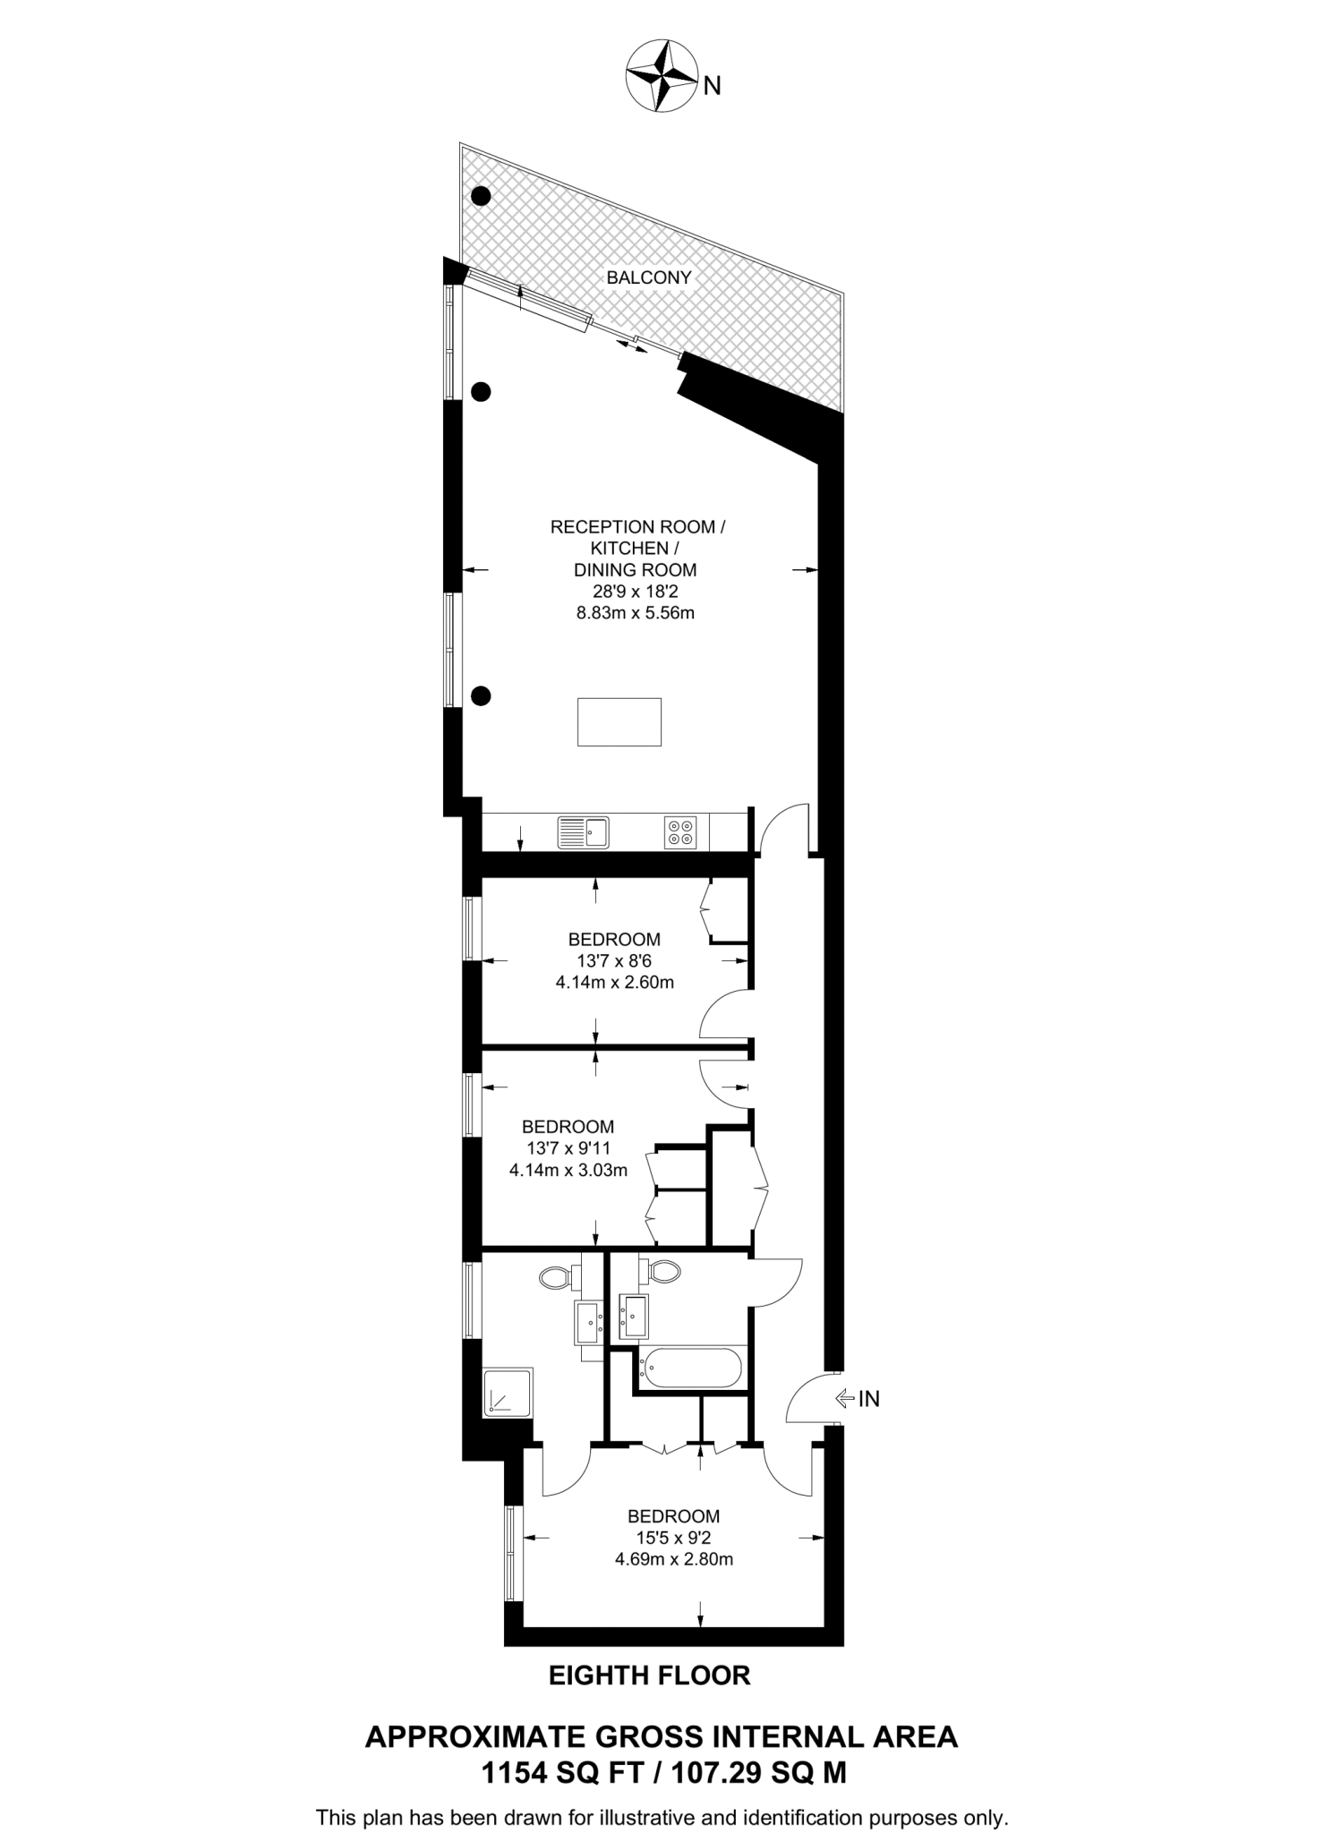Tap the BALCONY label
(649, 277)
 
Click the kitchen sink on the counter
(583, 831)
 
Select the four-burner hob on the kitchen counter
(679, 832)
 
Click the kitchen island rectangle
(619, 722)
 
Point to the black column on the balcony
(481, 195)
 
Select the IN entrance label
(869, 1399)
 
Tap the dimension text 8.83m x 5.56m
(636, 613)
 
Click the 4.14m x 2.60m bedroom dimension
(614, 982)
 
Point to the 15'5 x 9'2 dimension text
(673, 1538)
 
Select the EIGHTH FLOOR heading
(649, 1675)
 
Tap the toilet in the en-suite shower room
(557, 1278)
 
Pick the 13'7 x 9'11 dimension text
(568, 1148)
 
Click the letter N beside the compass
(713, 86)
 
